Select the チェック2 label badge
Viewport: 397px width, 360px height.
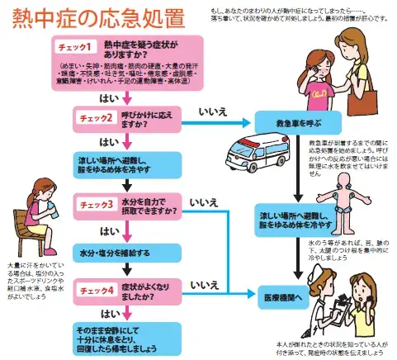click(97, 117)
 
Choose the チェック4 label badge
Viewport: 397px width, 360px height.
click(97, 288)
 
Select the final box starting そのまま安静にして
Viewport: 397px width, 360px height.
click(125, 335)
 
